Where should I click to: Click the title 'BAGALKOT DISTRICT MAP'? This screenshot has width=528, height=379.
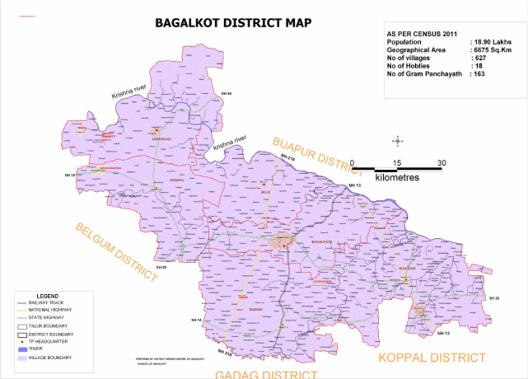(233, 23)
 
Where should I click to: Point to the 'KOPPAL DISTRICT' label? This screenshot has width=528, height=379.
(432, 358)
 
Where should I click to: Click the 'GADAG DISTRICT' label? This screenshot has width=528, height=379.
(266, 373)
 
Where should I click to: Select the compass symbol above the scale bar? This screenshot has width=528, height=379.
(397, 141)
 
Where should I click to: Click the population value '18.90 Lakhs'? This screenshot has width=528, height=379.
(492, 42)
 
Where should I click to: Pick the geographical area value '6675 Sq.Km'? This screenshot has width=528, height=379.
(492, 50)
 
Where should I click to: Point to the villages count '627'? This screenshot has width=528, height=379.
(478, 58)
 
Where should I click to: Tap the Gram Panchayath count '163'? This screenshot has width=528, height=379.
(478, 74)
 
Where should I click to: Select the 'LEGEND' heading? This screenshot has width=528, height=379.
(47, 296)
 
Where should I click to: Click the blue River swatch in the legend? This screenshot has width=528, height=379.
(22, 349)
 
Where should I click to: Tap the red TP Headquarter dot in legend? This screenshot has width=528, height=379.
(22, 341)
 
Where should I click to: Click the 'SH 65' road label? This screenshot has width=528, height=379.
(226, 93)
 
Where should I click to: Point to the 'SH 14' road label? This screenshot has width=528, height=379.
(195, 321)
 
